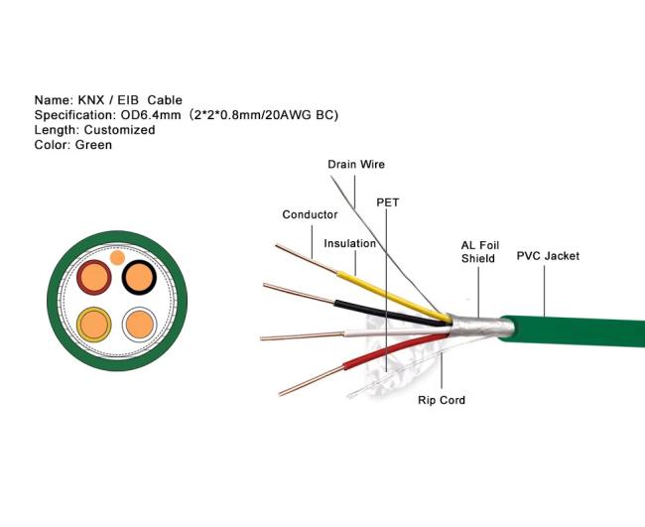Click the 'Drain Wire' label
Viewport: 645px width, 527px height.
356,165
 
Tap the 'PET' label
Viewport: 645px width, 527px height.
387,202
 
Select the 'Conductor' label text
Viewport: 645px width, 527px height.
310,214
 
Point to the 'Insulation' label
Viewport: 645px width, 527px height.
349,243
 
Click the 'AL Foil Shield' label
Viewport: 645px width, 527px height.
480,252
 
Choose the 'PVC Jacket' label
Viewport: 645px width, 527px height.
548,256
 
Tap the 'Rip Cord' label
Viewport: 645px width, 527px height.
442,400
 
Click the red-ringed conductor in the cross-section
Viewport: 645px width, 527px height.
94,277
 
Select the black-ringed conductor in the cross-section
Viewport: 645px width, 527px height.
140,277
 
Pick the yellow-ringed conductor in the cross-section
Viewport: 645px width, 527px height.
94,325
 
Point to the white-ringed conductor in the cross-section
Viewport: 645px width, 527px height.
140,325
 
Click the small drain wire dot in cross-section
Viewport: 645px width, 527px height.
117,258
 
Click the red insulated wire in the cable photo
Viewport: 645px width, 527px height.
395,350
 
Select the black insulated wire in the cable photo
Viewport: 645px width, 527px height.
391,313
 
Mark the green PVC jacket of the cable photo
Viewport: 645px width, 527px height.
573,331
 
